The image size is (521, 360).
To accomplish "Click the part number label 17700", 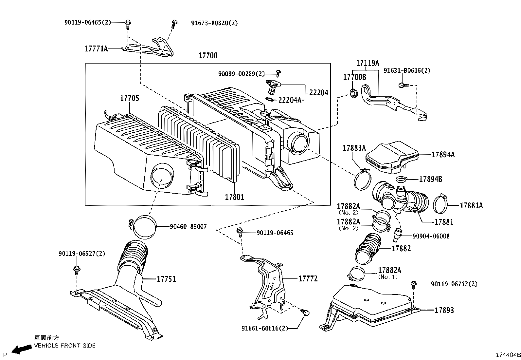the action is tap(208, 55).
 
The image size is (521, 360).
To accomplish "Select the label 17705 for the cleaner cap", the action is tap(130, 98).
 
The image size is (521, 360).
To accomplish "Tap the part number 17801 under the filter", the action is tap(234, 197).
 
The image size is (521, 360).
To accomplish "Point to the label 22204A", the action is tap(290, 100).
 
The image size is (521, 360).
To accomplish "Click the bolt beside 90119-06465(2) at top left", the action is tap(128, 24).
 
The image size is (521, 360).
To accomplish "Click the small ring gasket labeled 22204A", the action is tap(270, 100).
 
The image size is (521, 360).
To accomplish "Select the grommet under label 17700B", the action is tap(354, 93).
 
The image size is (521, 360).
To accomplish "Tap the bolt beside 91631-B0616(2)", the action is tap(404, 85).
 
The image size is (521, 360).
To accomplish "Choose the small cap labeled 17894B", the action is tap(401, 179).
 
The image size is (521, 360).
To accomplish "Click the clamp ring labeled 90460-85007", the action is tap(144, 227).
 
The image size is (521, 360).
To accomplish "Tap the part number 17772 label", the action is tap(308, 278).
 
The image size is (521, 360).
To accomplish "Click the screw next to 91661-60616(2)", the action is tap(305, 312).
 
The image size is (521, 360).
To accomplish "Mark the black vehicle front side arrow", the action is tap(22, 349).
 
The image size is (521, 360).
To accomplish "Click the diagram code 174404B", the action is tap(508, 355).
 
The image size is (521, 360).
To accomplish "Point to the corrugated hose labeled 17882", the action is tap(368, 249).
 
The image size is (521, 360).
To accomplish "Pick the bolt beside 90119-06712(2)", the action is tap(413, 285).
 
